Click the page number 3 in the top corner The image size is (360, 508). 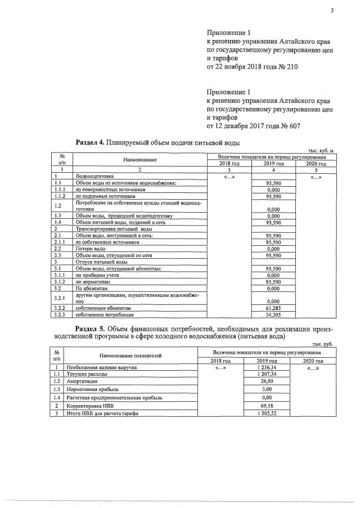(x=332, y=10)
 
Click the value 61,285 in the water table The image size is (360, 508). (x=273, y=308)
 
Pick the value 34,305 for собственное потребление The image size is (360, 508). (x=273, y=315)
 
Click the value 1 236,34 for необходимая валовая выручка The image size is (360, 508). (x=265, y=367)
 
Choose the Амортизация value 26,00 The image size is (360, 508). (x=265, y=381)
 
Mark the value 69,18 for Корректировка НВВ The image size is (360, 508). (x=265, y=405)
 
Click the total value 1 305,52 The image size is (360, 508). (x=265, y=413)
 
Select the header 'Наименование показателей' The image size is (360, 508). (x=130, y=356)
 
